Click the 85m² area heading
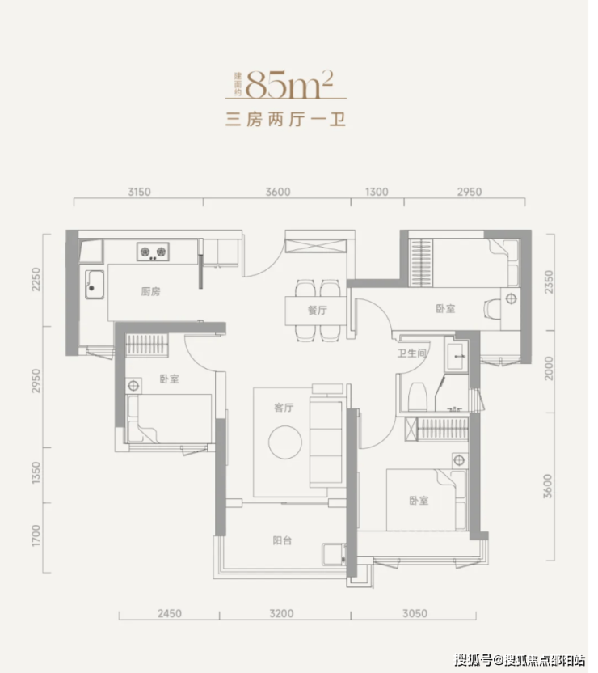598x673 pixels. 289,85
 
